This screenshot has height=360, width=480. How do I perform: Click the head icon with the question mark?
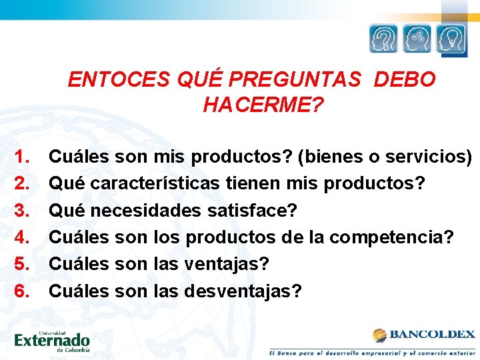pos(383,39)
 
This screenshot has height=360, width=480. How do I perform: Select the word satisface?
pos(252,211)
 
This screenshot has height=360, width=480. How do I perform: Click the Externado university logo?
pos(52,339)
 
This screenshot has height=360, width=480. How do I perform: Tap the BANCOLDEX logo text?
pos(431,335)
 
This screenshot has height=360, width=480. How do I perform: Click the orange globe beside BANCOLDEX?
pos(380,335)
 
